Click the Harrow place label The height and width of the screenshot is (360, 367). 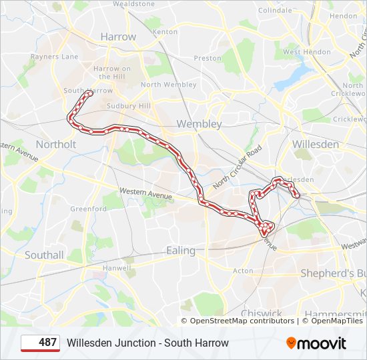click(117, 37)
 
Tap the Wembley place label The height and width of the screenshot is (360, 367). click(199, 124)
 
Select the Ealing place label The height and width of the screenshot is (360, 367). click(181, 251)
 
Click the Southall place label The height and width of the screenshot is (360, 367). click(44, 255)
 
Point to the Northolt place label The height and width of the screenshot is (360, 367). click(56, 144)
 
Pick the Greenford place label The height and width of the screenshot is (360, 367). click(89, 209)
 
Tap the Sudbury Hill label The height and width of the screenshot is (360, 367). click(129, 106)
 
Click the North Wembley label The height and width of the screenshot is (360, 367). click(168, 85)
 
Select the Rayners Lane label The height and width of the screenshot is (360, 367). click(53, 57)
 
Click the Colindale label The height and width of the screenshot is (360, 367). click(275, 11)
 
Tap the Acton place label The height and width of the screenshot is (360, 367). click(243, 271)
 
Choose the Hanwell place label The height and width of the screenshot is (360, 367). click(117, 268)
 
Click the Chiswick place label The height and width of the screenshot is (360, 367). click(262, 313)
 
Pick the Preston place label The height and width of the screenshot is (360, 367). click(208, 58)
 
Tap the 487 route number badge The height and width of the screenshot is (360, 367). click(40, 343)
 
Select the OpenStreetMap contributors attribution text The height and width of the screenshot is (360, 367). click(242, 321)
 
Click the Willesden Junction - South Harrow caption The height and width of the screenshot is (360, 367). click(147, 343)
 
